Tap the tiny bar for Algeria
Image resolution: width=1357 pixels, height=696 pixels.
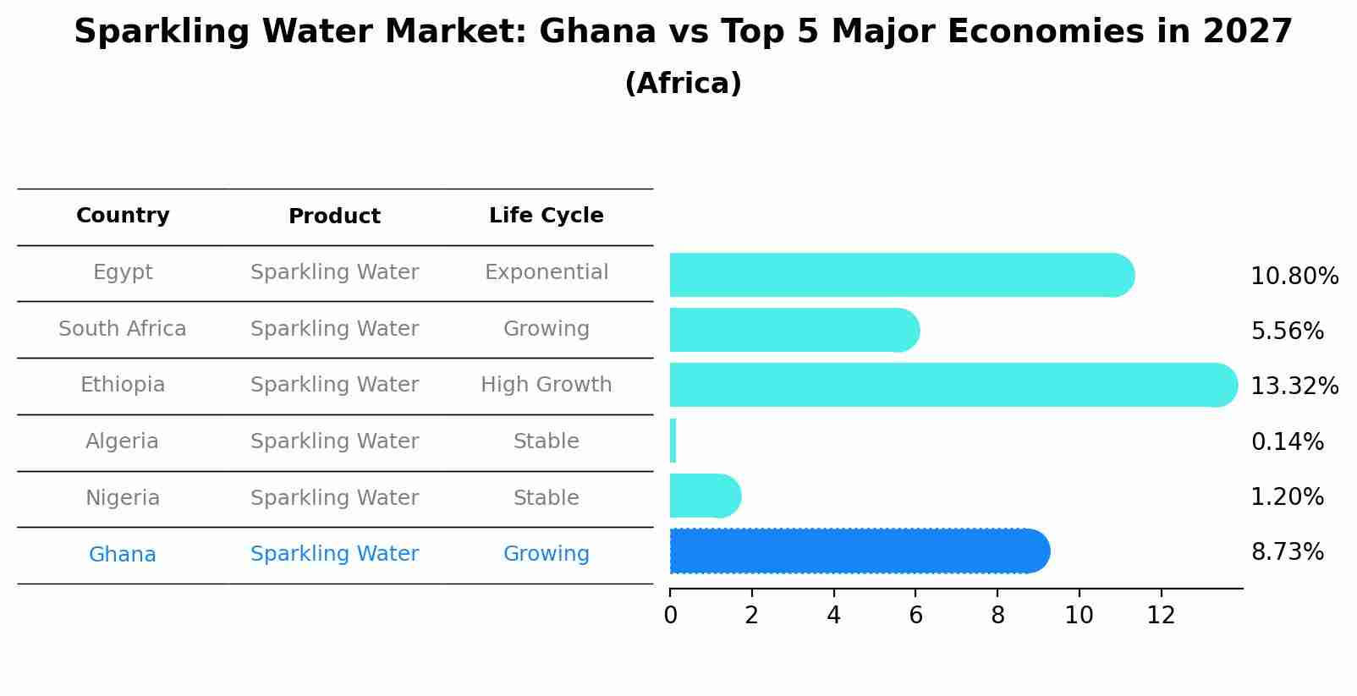(673, 441)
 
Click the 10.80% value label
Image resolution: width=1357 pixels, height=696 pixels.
(1294, 277)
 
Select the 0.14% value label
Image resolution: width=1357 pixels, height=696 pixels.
(1286, 441)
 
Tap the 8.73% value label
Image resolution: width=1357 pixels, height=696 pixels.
(1286, 552)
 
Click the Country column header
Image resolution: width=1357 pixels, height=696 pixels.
(123, 216)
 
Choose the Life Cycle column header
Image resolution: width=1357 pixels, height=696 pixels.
(546, 216)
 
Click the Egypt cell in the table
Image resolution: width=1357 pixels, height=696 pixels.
(123, 272)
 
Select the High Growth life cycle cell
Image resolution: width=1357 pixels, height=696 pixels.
(546, 385)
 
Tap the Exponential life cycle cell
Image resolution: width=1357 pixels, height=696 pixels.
(546, 272)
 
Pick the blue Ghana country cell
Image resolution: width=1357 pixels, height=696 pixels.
(123, 555)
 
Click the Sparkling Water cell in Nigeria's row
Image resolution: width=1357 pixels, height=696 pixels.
(334, 498)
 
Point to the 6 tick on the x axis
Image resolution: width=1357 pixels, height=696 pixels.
(915, 615)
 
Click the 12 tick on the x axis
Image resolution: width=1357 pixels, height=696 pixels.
(1161, 615)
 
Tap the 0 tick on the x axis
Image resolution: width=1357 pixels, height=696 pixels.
(670, 615)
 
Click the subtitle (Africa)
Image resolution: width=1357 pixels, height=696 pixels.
(683, 84)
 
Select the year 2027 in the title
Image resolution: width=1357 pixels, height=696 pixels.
(1247, 32)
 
